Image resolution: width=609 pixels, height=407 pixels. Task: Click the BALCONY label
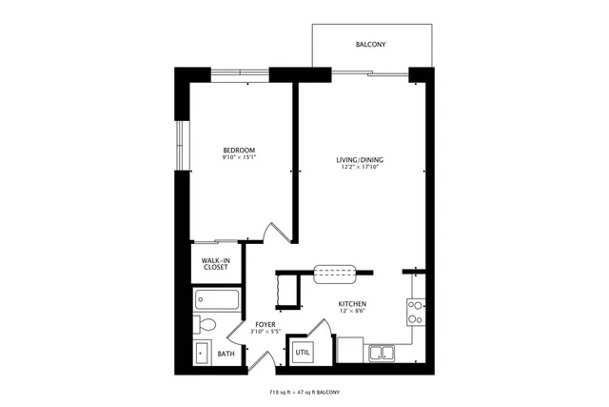[x=370, y=45]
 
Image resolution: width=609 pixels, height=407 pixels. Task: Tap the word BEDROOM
[x=239, y=151]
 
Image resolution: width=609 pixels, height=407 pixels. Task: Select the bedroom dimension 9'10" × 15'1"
[x=239, y=159]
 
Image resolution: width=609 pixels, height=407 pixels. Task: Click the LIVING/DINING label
[x=360, y=159]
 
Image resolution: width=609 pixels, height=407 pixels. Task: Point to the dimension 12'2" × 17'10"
[x=360, y=168]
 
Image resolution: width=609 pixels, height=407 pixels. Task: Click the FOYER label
[x=265, y=325]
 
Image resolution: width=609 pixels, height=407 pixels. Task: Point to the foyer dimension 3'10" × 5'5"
[x=265, y=333]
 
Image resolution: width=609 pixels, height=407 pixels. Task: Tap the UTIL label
[x=303, y=353]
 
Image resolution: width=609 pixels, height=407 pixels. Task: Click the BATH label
[x=226, y=354]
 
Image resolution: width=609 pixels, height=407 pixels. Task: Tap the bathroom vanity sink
[x=202, y=353]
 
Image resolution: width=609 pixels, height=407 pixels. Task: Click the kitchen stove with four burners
[x=416, y=312]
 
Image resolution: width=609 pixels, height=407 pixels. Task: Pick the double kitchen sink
[x=382, y=354]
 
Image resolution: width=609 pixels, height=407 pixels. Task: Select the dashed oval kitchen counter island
[x=334, y=275]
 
